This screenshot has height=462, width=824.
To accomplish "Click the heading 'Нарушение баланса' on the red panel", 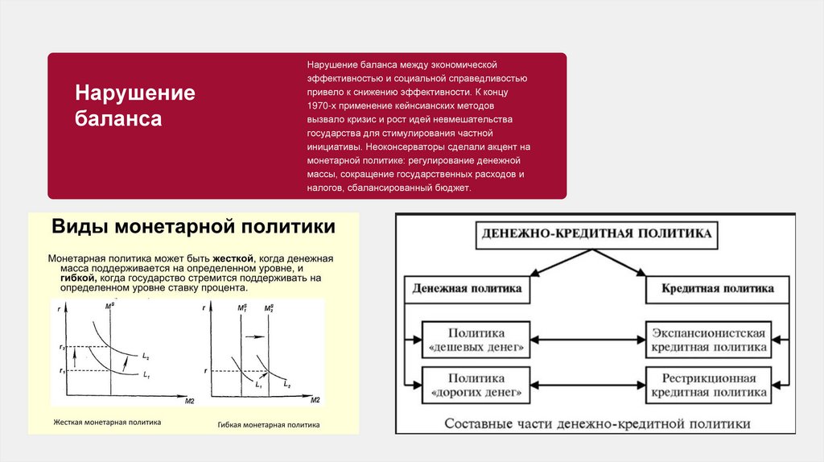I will tap(135, 105).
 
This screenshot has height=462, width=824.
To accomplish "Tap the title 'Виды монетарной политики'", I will tap(193, 227).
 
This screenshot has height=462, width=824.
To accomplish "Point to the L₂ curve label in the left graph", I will tap(145, 356).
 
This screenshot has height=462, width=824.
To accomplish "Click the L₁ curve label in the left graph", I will tap(146, 374).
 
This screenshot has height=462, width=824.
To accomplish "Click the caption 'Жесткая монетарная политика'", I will tap(107, 421).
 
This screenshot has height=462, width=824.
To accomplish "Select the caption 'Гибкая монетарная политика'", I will tap(269, 424).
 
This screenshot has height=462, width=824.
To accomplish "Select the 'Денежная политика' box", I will tap(466, 288).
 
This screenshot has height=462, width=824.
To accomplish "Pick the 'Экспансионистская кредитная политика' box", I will tap(708, 340).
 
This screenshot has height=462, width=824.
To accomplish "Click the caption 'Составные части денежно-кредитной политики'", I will tap(596, 423).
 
